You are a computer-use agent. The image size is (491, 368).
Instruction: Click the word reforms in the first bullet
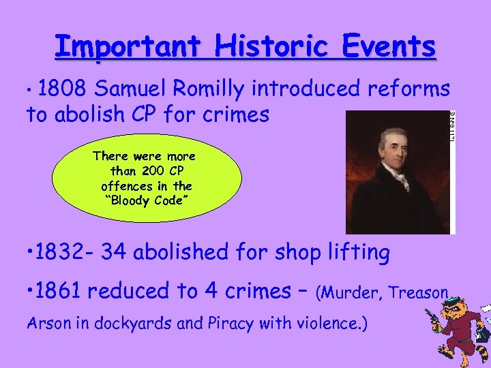[x=408, y=89]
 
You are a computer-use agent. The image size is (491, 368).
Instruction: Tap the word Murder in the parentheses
[x=346, y=294]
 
